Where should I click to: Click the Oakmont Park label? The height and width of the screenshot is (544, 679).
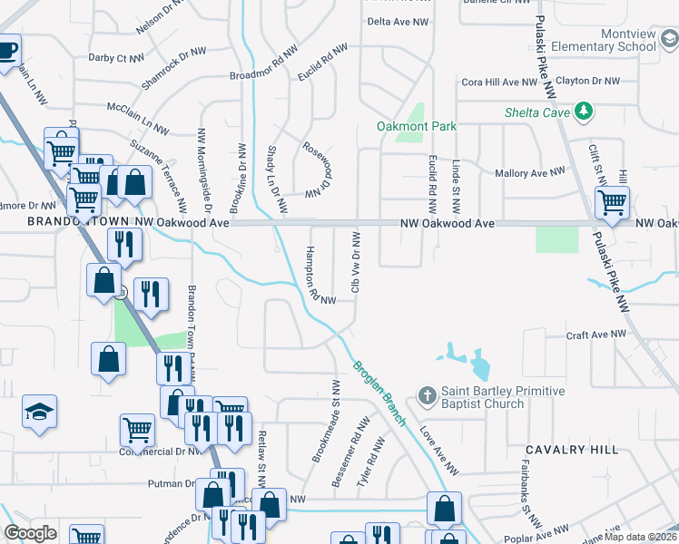(x=418, y=126)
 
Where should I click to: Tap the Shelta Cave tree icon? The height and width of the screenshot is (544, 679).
(x=586, y=112)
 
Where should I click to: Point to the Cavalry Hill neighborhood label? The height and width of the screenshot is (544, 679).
(x=573, y=450)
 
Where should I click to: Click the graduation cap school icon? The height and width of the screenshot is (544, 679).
(x=40, y=413)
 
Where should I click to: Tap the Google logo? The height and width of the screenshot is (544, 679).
(x=30, y=533)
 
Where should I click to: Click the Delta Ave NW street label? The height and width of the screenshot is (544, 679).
(x=397, y=22)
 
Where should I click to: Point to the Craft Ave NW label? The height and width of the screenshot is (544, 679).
(x=596, y=335)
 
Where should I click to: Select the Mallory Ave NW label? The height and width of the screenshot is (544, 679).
(x=530, y=172)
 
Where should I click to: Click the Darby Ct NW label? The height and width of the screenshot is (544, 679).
(x=116, y=58)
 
